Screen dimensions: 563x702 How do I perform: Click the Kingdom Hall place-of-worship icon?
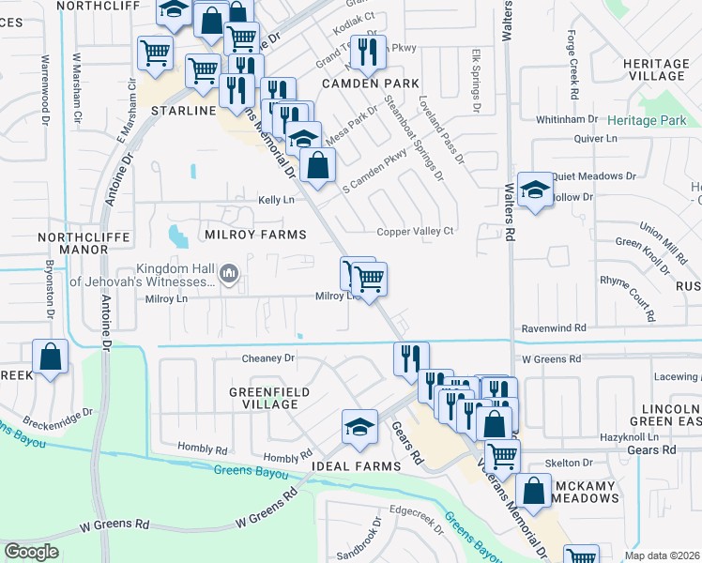pos(230,274)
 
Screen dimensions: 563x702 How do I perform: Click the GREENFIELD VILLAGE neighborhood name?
pos(263,398)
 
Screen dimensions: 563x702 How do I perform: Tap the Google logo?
pos(32,552)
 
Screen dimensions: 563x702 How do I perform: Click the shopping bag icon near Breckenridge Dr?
pos(50,357)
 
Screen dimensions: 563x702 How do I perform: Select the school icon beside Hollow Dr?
pos(534,190)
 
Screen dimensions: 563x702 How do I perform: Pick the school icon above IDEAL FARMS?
pos(359,427)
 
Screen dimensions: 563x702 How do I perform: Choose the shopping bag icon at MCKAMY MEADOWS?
pos(533,491)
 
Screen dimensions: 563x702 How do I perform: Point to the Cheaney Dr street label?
pos(268,358)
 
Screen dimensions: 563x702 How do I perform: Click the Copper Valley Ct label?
pos(415,232)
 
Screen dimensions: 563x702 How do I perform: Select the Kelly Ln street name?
pos(276,200)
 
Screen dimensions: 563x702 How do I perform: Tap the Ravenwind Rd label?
pos(554,329)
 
